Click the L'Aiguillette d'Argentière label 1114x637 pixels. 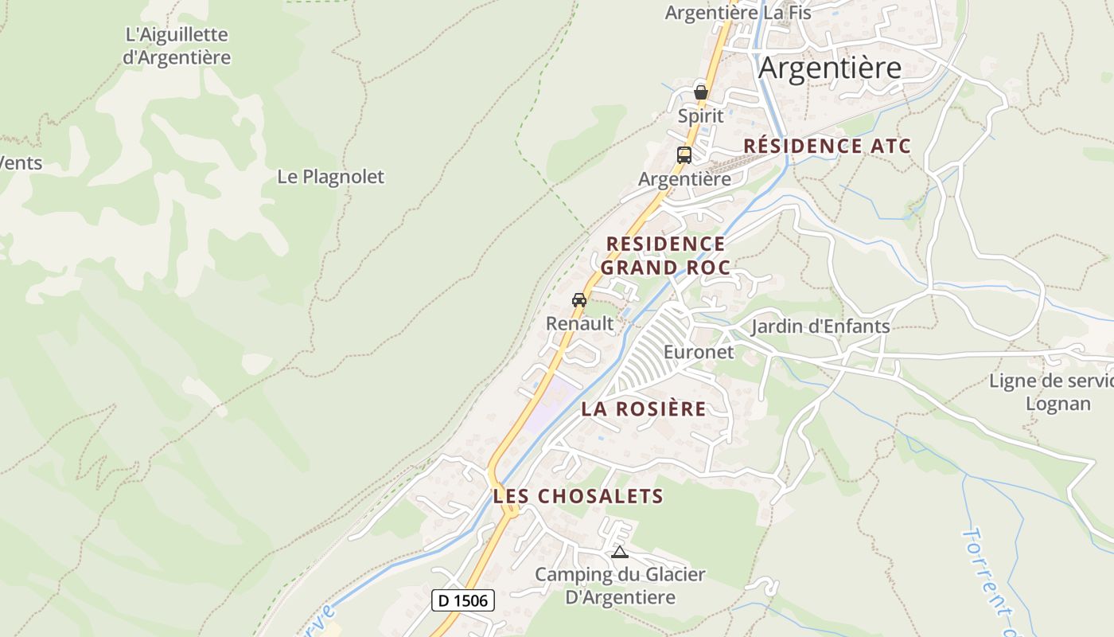177,46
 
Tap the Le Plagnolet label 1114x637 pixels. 330,177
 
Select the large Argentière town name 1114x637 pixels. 830,68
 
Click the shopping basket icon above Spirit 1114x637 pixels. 701,92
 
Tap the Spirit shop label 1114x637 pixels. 701,116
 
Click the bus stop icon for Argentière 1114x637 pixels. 684,155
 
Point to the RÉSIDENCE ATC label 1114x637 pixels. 827,147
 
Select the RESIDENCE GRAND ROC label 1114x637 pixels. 665,256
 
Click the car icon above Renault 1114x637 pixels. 579,300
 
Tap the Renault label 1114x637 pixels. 580,324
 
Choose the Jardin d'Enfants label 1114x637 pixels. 820,326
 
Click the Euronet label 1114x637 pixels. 699,352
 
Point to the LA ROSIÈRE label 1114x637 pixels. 644,409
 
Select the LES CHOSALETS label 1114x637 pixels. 578,496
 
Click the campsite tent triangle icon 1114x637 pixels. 620,552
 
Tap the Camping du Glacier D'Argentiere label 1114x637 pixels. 620,586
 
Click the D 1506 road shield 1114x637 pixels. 463,600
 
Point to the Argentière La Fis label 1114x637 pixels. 738,13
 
